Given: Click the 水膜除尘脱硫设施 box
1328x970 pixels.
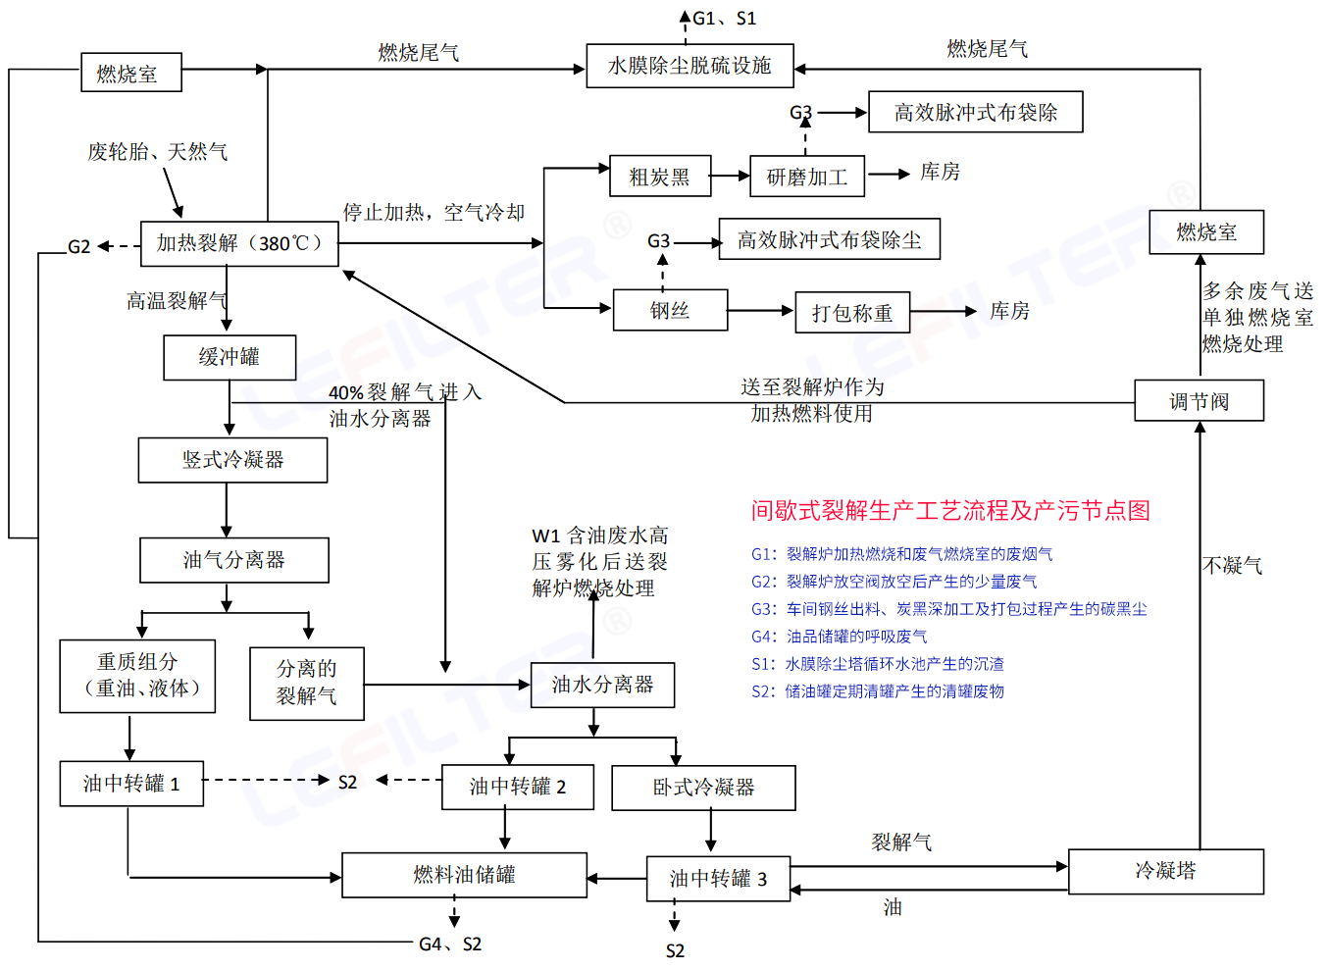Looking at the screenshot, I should coord(690,66).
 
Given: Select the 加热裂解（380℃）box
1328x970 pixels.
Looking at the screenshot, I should coord(239,243).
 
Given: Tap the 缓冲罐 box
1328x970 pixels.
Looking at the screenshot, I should coord(230,358).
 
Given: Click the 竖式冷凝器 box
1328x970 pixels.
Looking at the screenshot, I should coord(232,460).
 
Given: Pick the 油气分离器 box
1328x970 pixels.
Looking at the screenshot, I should coord(233,560).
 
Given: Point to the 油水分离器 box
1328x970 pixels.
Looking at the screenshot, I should coord(602,685).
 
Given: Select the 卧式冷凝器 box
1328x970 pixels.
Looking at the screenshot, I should coord(703,788).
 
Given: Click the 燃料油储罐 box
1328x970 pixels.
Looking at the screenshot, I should coord(464,875).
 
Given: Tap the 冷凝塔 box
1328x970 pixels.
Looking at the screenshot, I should coord(1165,871).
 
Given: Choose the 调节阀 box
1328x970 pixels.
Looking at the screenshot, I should coord(1199,401).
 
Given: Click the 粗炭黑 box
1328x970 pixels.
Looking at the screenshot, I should coord(660,177).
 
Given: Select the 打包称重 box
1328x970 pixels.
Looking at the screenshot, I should coord(851,313).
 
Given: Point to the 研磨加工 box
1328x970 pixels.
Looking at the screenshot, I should coord(807,177).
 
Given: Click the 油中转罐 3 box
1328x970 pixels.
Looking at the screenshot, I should coord(718,879).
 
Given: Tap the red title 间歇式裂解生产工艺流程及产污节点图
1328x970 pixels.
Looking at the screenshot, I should coord(950,510).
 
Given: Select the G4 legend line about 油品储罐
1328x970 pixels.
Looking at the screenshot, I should coord(840,637).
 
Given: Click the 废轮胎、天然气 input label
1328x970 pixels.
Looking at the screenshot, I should coord(157,152).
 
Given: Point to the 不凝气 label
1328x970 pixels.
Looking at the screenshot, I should coord(1232,565).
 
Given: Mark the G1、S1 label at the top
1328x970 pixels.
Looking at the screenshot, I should coord(724,19).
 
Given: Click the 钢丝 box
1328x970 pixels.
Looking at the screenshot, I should coord(670,311).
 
